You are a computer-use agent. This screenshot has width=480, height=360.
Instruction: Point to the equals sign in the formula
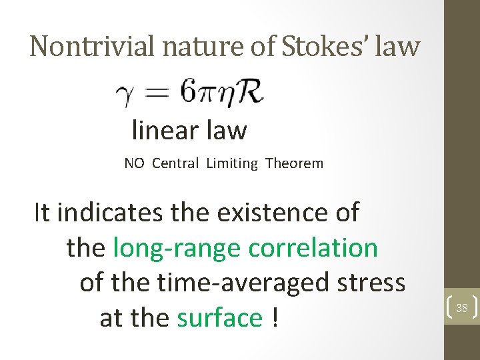pos(158,94)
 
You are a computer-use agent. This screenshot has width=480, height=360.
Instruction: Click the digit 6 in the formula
pos(189,93)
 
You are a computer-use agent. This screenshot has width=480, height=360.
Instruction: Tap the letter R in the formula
pos(249,93)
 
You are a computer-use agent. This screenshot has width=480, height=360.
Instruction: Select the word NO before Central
pos(134,163)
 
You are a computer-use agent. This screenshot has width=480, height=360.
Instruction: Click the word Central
pos(175,163)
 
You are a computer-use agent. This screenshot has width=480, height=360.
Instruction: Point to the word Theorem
pos(294,163)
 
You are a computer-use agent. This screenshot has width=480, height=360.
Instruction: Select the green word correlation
pos(313,248)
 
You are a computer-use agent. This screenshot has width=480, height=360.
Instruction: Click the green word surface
pos(220,318)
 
